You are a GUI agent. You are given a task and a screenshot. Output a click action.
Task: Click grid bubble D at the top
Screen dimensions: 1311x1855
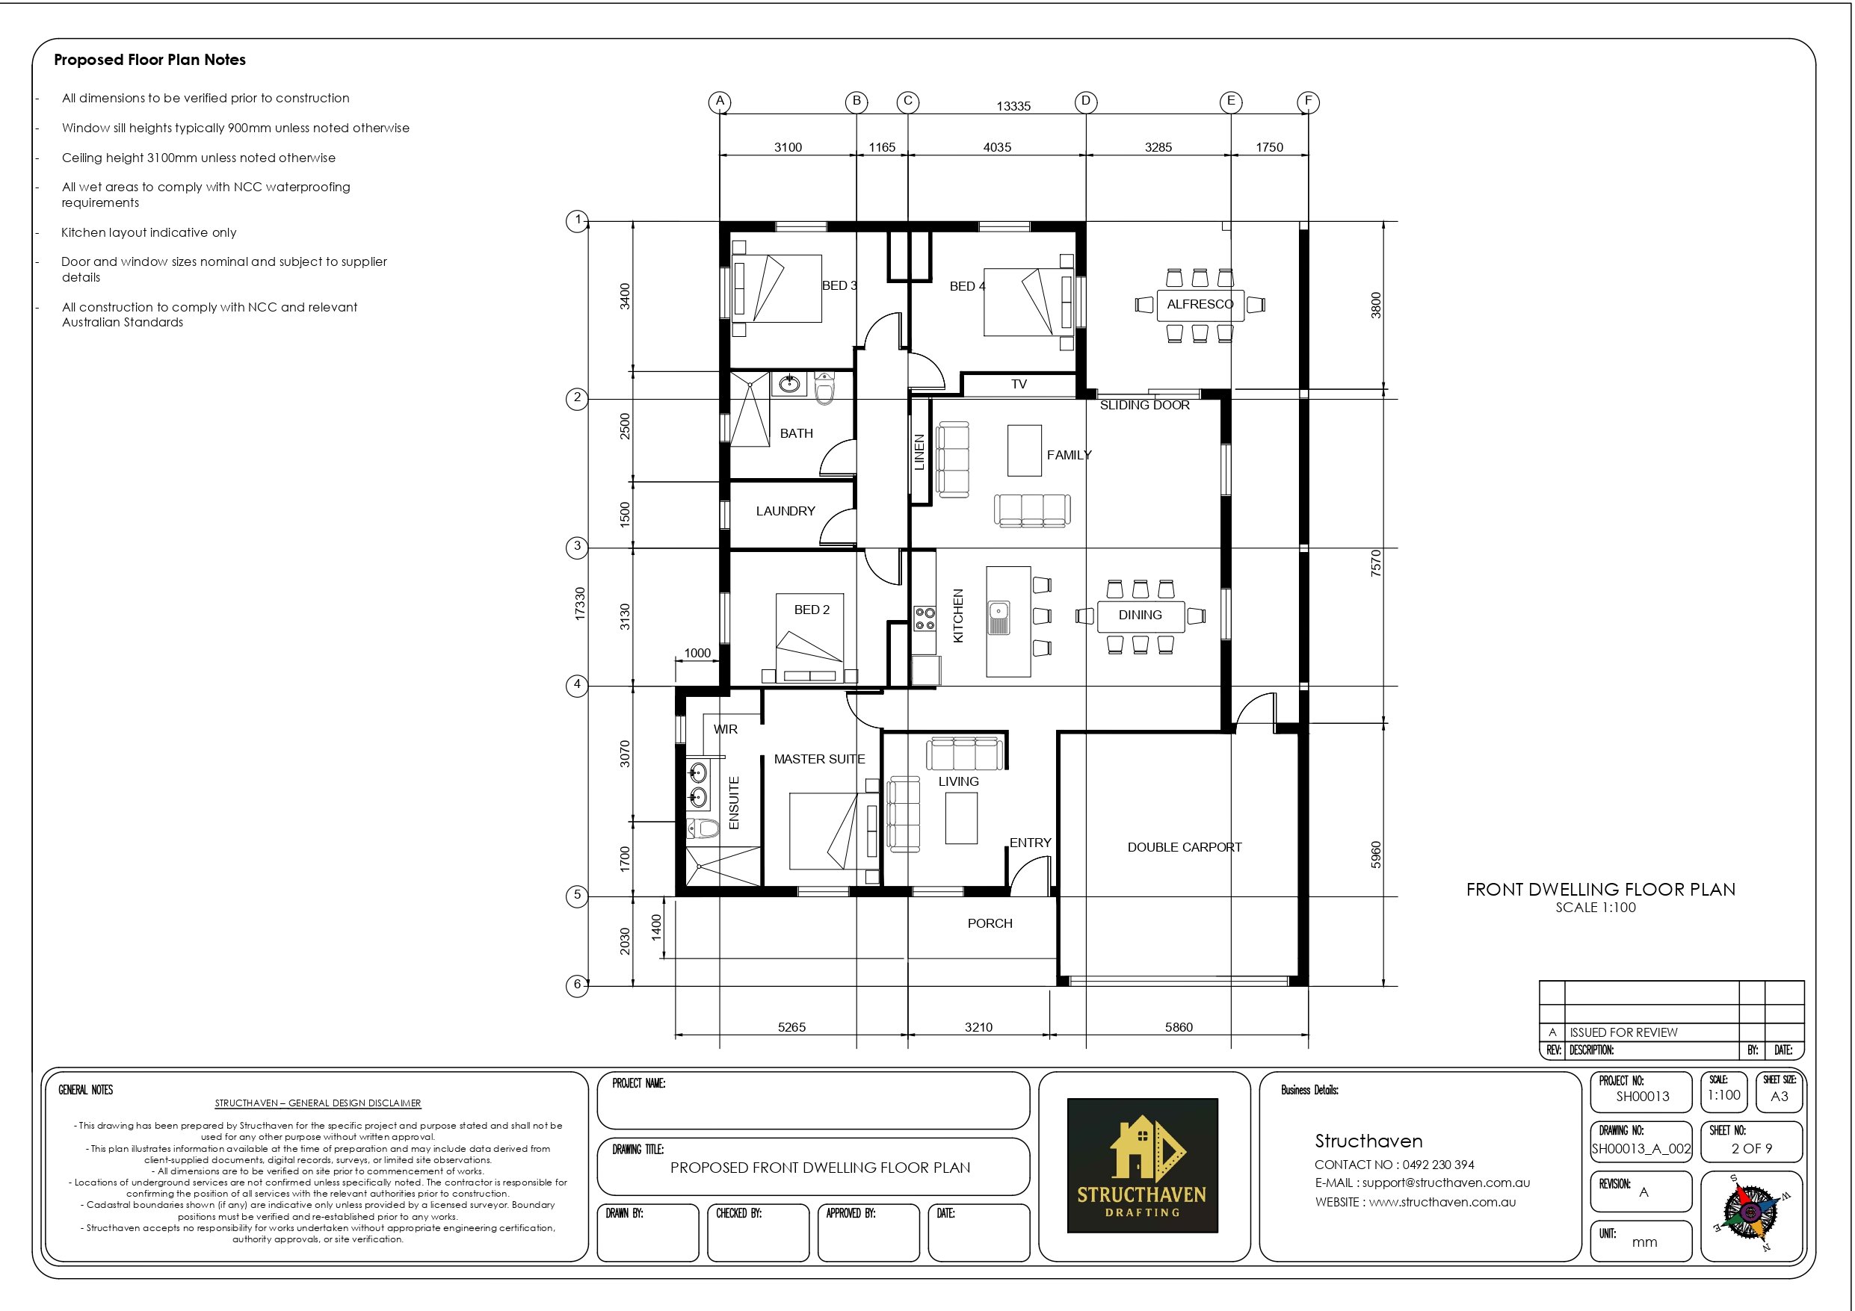tap(1085, 101)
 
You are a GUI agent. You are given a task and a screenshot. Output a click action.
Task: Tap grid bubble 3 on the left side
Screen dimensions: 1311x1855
tap(577, 546)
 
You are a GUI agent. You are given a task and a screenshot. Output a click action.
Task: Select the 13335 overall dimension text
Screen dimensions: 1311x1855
tap(1013, 107)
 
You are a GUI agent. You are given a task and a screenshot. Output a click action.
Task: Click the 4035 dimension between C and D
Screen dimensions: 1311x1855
tap(997, 147)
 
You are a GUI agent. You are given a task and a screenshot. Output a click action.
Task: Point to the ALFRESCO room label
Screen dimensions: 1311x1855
tap(1200, 305)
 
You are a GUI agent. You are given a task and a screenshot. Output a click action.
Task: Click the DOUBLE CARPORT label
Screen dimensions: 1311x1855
tap(1185, 847)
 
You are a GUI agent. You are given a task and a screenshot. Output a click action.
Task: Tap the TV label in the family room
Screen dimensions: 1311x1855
tap(1019, 385)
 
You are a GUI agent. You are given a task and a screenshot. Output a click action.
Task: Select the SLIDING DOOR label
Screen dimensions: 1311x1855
tap(1144, 406)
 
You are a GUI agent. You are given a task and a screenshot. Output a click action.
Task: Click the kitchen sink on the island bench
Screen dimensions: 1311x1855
tap(999, 617)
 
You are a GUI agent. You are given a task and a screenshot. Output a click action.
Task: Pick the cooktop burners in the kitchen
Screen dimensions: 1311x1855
tap(925, 619)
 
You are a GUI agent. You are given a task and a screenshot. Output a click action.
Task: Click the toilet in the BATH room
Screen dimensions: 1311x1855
tap(824, 388)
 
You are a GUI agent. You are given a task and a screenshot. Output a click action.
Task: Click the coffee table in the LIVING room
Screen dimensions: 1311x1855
tap(961, 817)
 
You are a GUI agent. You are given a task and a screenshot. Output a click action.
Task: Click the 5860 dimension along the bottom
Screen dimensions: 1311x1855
tap(1178, 1027)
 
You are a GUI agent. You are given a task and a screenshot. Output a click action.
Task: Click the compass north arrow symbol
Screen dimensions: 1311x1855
tap(1750, 1212)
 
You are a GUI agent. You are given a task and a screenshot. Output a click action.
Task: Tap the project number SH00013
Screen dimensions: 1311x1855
tap(1642, 1096)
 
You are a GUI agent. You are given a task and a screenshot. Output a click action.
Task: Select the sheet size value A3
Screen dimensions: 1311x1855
tap(1779, 1096)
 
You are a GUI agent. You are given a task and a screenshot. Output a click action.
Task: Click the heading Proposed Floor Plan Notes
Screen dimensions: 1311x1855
tap(149, 60)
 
